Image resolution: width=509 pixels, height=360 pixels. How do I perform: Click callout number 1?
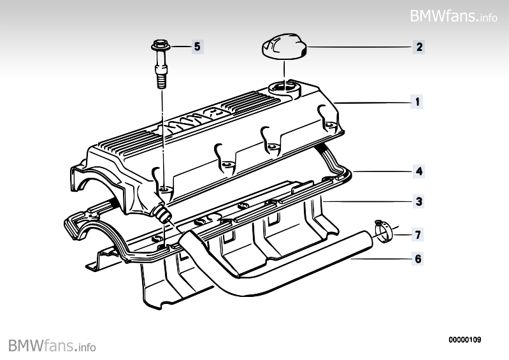coord(417,101)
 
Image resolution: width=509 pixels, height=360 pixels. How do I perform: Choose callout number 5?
coord(196,46)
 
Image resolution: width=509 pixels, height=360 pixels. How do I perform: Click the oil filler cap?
coord(282,50)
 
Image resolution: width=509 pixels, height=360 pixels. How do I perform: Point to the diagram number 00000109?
coord(464,340)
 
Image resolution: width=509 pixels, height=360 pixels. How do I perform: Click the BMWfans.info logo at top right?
coord(454,15)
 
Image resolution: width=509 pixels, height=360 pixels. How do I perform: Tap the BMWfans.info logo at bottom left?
coord(52,346)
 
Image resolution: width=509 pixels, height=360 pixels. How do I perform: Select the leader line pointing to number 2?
coord(357,47)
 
